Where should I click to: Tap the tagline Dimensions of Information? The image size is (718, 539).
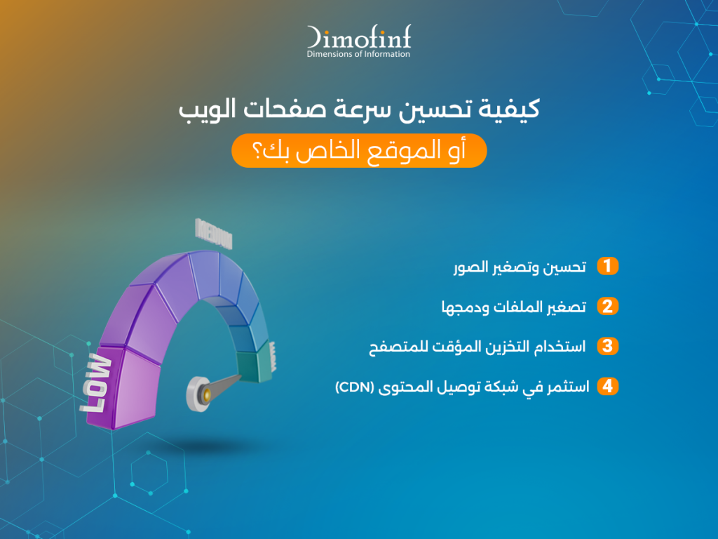[x=358, y=54]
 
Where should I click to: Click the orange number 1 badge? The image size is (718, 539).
[x=608, y=266]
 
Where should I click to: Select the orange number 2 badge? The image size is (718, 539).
[x=608, y=306]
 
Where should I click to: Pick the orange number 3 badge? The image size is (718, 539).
[x=608, y=346]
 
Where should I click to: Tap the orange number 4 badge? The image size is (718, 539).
[x=608, y=386]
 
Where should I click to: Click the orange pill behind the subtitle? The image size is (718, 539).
[x=359, y=151]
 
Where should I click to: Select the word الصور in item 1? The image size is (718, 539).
[x=466, y=267]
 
